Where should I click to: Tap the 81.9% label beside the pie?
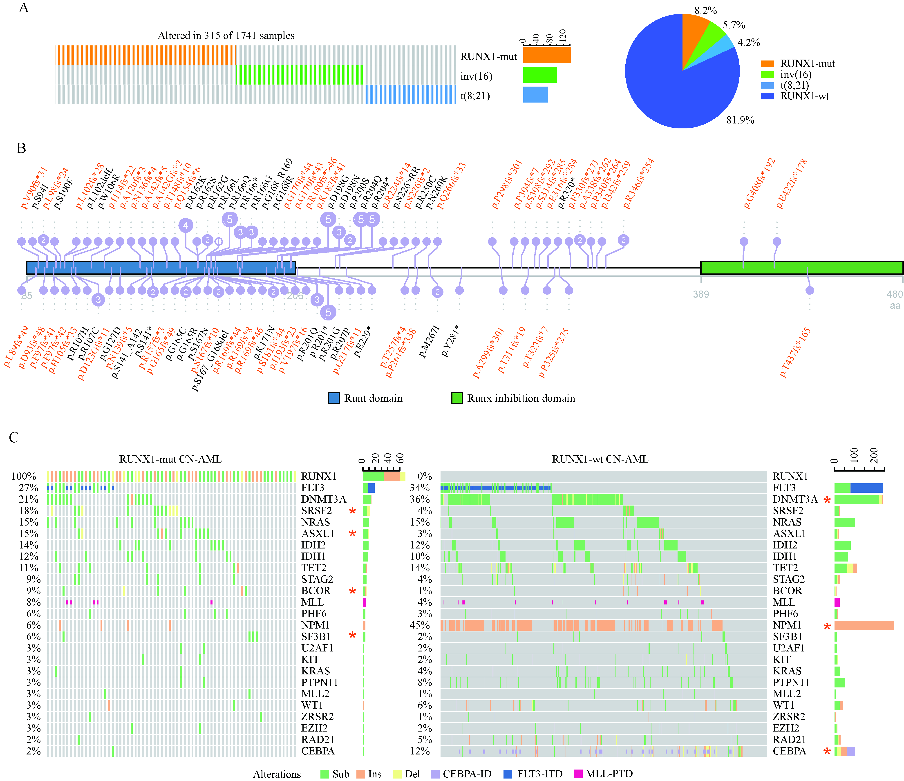point(740,120)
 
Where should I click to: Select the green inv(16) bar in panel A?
point(540,75)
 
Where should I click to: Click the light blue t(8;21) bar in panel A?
point(535,95)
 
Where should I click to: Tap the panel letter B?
point(21,148)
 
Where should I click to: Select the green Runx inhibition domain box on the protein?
point(801,268)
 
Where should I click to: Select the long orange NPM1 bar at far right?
point(864,625)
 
